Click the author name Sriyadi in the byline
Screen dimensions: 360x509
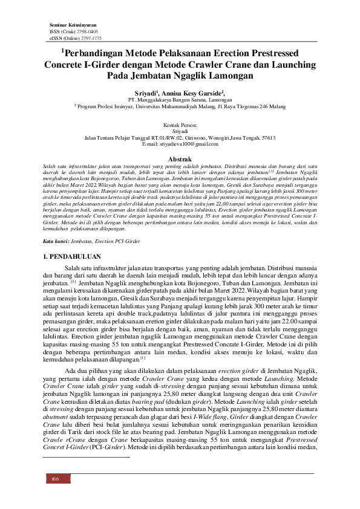pos(145,94)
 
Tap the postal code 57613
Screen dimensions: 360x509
pos(269,137)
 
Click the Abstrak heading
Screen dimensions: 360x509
pos(179,157)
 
